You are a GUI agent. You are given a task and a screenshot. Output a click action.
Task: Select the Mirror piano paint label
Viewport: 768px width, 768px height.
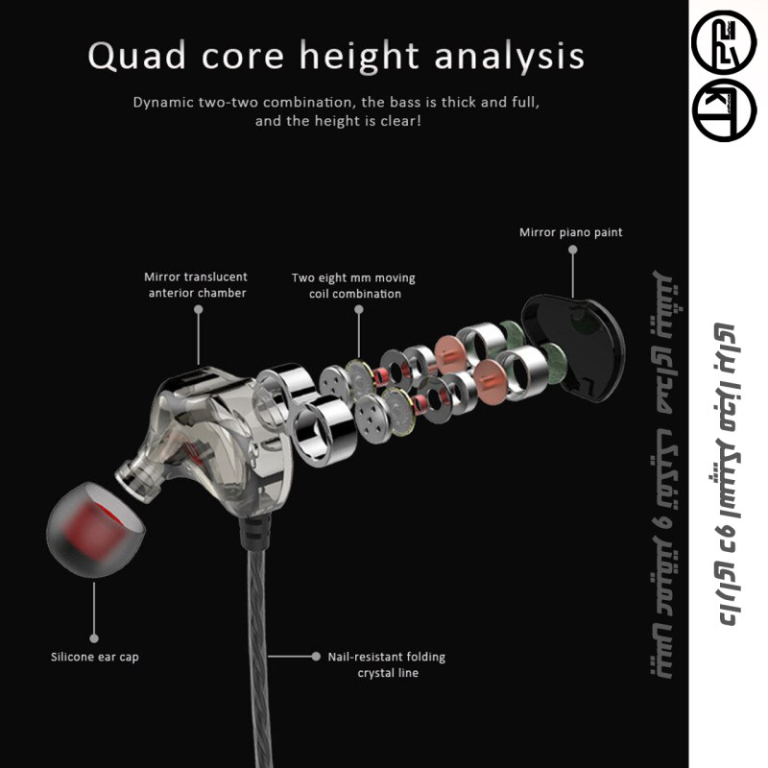point(570,231)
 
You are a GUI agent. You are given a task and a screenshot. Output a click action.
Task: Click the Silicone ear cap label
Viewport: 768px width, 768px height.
point(95,658)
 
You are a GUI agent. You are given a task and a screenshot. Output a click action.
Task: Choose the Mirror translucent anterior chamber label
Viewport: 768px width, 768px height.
point(196,285)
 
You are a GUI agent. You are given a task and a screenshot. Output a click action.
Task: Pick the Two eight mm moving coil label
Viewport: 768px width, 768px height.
point(353,285)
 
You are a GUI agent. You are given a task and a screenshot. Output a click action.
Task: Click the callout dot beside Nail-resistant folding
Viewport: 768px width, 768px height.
point(316,657)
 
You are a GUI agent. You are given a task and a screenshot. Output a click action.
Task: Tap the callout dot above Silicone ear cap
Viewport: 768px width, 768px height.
point(94,636)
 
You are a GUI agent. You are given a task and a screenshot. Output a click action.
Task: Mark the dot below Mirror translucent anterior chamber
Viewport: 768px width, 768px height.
point(199,309)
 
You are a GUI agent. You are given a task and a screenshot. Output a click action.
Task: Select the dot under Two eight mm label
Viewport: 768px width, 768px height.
point(358,310)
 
